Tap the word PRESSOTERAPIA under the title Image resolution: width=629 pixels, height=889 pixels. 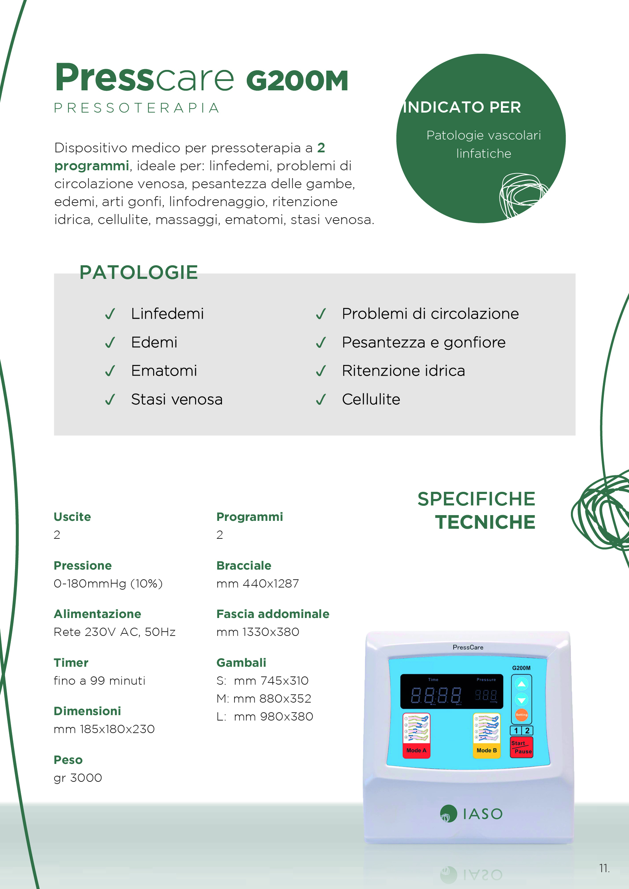coord(137,108)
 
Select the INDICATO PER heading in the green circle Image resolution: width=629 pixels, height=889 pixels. coord(462,107)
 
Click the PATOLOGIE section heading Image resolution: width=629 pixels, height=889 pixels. coord(139,272)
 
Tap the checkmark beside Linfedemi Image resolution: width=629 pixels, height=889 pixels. coord(110,314)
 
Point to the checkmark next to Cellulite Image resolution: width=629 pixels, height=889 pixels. coord(321,399)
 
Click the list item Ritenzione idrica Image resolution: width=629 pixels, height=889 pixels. coord(403,371)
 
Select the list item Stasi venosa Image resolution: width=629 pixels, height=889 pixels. coord(177,399)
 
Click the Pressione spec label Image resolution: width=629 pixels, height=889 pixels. coord(82,565)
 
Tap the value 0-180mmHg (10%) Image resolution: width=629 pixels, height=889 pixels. coord(108,583)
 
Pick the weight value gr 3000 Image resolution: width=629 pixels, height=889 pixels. coord(78,778)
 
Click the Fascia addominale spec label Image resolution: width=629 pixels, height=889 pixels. coord(273,614)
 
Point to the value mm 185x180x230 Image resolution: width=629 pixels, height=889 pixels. coord(104,729)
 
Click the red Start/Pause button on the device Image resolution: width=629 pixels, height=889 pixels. coord(521,747)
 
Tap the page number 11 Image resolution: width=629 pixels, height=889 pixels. coord(604,868)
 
